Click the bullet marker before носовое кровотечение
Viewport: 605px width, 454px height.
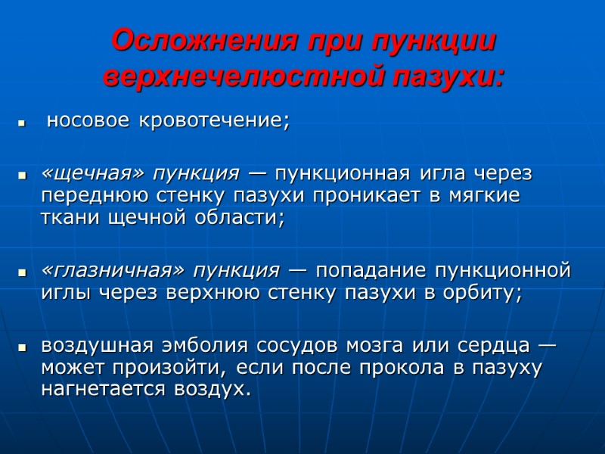tap(23, 122)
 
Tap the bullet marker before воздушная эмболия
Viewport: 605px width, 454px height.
tap(23, 347)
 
